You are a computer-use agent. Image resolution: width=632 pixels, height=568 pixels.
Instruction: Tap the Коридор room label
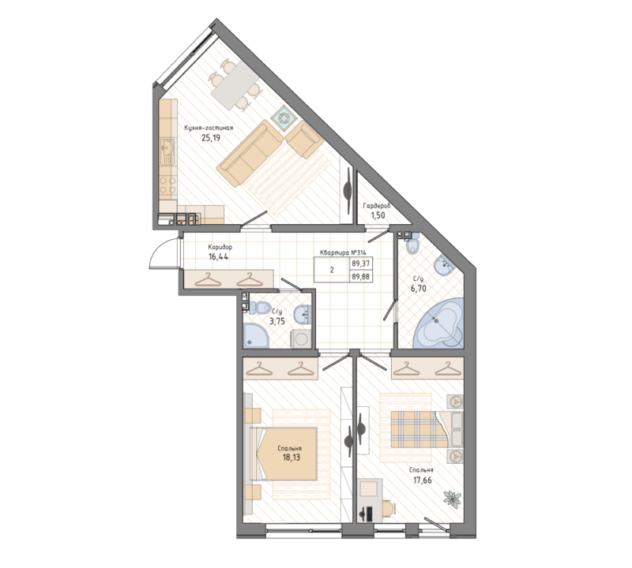point(220,246)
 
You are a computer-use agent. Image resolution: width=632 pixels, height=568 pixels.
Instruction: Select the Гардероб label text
point(377,205)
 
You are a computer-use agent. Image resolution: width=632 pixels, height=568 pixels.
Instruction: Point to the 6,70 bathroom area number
point(419,289)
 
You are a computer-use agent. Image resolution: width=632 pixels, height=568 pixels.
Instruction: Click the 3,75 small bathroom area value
point(278,321)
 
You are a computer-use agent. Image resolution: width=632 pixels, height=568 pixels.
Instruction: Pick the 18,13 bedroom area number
point(290,457)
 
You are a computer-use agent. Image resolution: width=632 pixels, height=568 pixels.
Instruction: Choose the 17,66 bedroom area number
point(420,479)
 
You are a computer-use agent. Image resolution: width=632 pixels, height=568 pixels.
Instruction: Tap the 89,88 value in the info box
point(360,276)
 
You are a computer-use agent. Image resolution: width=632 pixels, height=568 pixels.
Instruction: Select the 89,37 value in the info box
point(360,264)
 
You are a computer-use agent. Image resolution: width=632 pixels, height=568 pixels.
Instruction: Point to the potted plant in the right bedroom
point(453,498)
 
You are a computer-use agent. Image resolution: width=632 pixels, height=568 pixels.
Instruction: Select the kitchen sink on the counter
point(167,148)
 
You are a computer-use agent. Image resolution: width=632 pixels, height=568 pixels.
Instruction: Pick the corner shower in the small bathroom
point(256,337)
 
